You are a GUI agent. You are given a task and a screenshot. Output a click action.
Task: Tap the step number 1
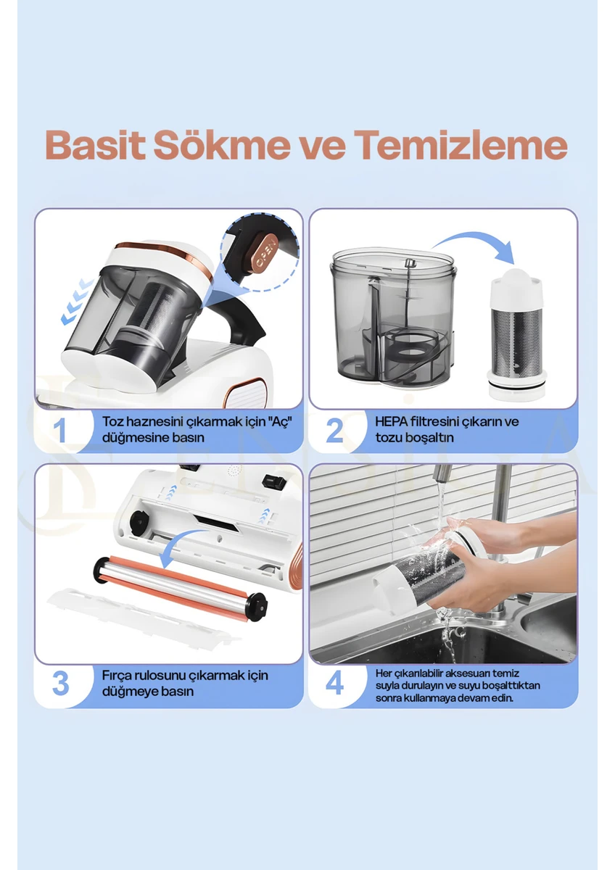coord(61,430)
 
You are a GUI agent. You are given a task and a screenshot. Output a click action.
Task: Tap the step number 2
coord(334,430)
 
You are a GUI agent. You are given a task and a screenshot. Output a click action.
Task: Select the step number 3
coord(61,684)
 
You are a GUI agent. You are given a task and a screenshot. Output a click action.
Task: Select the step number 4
coord(334,684)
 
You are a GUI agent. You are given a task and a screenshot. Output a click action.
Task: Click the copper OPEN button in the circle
coord(264,252)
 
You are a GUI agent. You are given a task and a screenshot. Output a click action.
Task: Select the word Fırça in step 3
coord(117,676)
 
